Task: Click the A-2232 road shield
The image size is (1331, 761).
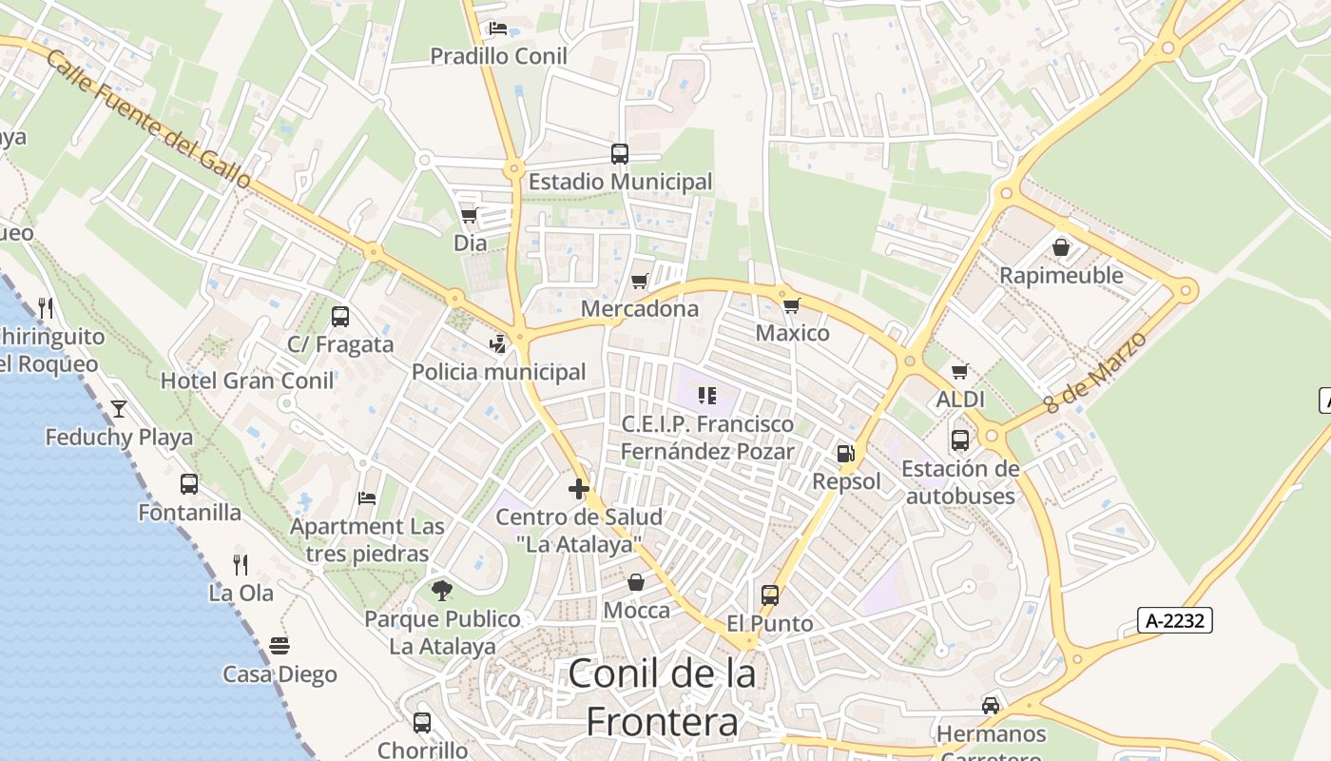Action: tap(1175, 621)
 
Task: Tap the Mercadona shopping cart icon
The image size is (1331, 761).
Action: tap(639, 281)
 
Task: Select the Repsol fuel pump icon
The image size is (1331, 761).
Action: tap(845, 454)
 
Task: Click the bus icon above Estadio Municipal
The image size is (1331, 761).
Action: tap(619, 153)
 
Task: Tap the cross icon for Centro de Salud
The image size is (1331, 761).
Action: tap(578, 489)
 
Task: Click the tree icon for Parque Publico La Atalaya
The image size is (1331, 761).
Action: tap(441, 591)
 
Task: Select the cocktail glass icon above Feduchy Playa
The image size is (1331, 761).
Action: tap(119, 409)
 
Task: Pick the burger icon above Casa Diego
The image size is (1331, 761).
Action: tap(279, 646)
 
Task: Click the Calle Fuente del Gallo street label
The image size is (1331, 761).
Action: tap(147, 119)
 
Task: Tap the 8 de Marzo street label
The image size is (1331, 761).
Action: tap(1095, 372)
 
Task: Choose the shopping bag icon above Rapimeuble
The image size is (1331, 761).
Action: tap(1061, 247)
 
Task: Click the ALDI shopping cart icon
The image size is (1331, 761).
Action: tap(959, 371)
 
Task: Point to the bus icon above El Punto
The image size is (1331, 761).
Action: tap(769, 595)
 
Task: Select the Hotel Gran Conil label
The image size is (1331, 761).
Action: tap(247, 381)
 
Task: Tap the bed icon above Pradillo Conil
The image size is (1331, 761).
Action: tap(497, 28)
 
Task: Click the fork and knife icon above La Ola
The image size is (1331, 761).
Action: tap(241, 564)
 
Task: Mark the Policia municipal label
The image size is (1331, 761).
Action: tap(498, 372)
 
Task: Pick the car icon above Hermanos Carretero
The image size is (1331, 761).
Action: tap(991, 705)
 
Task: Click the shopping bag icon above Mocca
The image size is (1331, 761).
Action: tap(636, 581)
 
